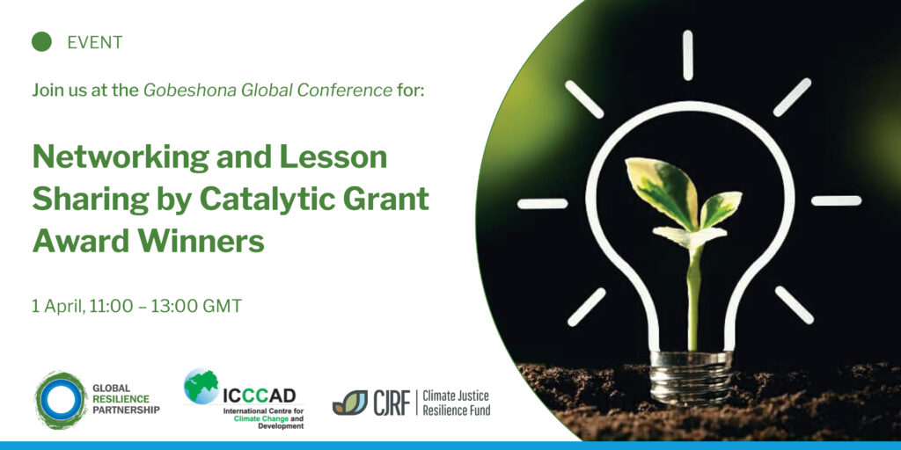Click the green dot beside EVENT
(x=41, y=42)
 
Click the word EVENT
(x=95, y=42)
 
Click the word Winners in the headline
(x=203, y=240)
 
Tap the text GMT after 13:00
(x=222, y=306)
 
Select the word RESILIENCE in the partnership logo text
(x=121, y=399)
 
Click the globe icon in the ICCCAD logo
(x=201, y=387)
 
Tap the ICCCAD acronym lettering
(x=260, y=396)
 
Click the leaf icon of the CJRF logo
(x=350, y=403)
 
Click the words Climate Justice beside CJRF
(x=456, y=396)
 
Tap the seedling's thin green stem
(x=694, y=299)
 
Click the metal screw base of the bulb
(x=692, y=379)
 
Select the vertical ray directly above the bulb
(x=688, y=55)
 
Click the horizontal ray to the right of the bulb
(x=836, y=201)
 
